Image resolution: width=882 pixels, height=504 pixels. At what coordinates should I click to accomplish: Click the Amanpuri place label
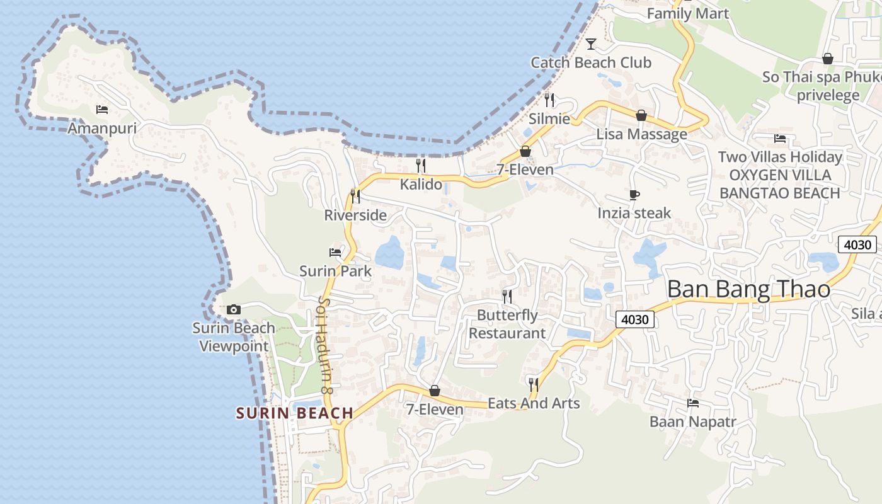[x=102, y=128]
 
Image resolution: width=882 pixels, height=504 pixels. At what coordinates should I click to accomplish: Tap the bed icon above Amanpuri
[x=102, y=110]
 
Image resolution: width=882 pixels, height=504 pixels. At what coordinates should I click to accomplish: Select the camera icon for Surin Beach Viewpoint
[x=234, y=309]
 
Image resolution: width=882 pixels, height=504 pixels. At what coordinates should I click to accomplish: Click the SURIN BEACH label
[x=294, y=413]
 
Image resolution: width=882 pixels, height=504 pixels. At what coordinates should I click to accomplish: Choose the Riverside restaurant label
[x=355, y=215]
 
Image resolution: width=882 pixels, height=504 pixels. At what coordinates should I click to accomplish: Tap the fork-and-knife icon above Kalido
[x=421, y=166]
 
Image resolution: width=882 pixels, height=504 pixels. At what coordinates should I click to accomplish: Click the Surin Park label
[x=335, y=271]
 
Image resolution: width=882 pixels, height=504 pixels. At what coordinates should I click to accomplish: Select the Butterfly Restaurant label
[x=507, y=324]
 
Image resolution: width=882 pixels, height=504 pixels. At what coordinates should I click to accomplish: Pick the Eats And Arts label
[x=534, y=403]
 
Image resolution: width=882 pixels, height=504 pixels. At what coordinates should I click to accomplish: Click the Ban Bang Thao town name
[x=748, y=289]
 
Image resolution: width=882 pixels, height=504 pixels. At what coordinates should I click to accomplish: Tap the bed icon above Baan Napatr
[x=693, y=403]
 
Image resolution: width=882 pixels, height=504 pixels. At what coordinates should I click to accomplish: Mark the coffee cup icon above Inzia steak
[x=634, y=195]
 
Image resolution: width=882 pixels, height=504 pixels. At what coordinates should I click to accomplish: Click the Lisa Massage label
[x=641, y=134]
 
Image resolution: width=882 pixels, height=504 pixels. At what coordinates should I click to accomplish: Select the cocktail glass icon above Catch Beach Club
[x=591, y=44]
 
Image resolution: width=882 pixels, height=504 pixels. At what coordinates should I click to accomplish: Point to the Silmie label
[x=549, y=118]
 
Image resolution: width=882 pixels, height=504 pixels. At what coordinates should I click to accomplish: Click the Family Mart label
[x=687, y=13]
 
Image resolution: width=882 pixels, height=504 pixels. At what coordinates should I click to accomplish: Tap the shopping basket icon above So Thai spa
[x=828, y=59]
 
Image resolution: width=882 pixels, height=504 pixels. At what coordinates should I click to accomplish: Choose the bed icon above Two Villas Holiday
[x=780, y=139]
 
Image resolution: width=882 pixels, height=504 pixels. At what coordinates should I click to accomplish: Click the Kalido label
[x=421, y=185]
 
